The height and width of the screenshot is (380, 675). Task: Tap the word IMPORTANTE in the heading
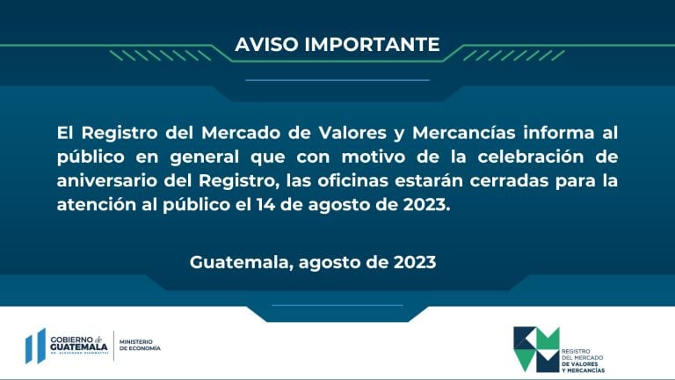coord(373,44)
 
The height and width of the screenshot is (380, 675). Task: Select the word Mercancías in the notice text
coord(464,133)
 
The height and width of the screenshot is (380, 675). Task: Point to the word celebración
coord(531,157)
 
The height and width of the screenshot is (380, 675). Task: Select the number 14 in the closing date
coord(265,205)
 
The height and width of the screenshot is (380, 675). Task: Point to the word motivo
coord(374,157)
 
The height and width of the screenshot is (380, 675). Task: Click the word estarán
coord(429,180)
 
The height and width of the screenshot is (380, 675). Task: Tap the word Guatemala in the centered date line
coord(242,262)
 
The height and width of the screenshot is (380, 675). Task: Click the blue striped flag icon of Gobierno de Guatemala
coord(35,346)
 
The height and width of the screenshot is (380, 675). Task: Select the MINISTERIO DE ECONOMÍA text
coord(140,345)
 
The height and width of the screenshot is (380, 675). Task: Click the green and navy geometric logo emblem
coord(536,349)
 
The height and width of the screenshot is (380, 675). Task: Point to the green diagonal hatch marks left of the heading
coord(160,55)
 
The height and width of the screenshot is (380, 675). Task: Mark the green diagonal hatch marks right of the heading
coord(514,55)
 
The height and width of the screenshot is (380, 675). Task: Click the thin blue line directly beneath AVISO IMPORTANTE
coord(337,80)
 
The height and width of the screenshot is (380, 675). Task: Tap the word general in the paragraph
coord(204,157)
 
